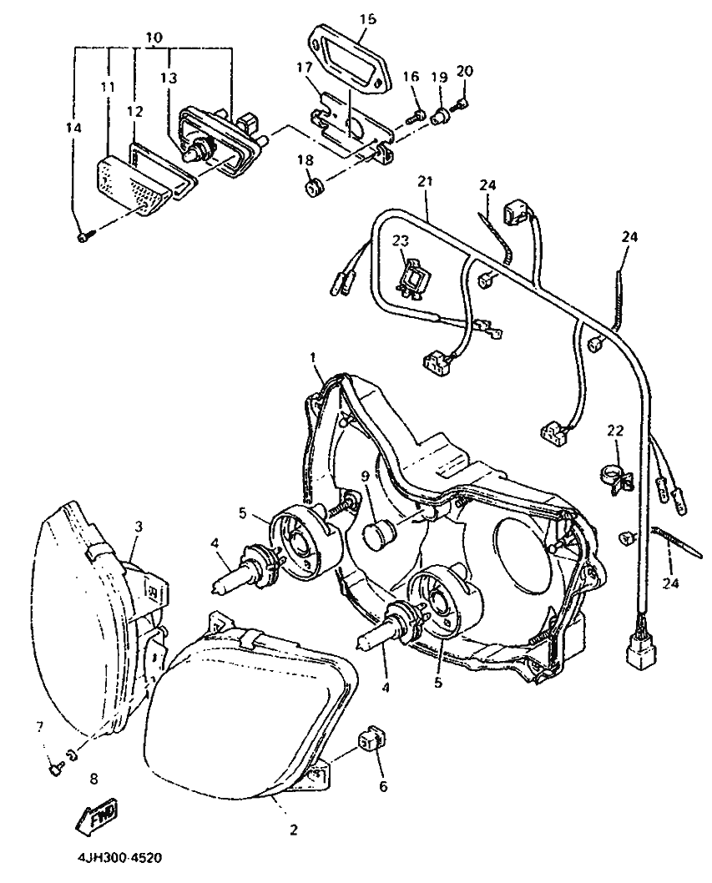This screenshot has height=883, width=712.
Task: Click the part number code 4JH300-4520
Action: click(x=116, y=857)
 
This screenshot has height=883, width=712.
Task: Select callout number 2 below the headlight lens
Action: click(x=294, y=830)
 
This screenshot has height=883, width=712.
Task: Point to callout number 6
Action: click(x=383, y=785)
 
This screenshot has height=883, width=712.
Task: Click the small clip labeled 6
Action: click(x=370, y=739)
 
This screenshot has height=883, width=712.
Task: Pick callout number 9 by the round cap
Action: click(x=364, y=476)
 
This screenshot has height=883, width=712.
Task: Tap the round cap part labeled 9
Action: click(x=381, y=532)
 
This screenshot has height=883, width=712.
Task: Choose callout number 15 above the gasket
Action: click(x=368, y=17)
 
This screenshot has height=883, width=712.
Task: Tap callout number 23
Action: click(x=401, y=240)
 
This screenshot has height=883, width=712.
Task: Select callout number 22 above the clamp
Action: click(x=615, y=431)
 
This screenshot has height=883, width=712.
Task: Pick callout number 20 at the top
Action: click(x=465, y=70)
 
